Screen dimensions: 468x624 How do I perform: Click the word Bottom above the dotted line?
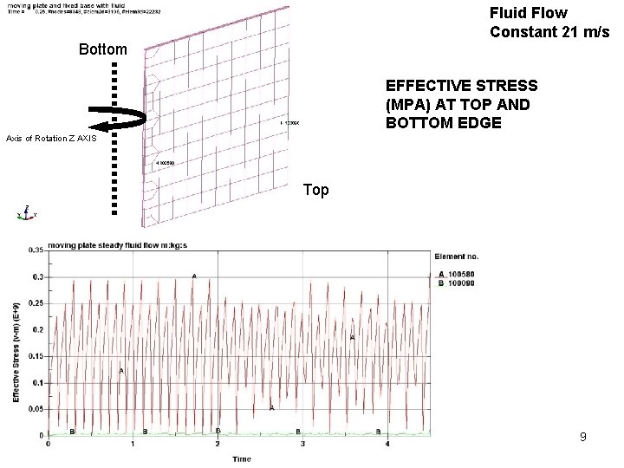102,49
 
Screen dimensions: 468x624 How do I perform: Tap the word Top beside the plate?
316,190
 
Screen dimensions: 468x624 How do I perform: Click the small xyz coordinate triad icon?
25,213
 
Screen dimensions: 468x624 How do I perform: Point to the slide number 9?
583,438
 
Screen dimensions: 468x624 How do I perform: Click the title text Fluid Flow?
528,13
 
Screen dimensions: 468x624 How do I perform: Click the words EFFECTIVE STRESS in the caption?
461,86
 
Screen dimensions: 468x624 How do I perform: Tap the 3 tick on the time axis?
302,445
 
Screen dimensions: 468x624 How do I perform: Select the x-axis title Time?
242,458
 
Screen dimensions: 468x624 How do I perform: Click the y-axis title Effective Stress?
16,351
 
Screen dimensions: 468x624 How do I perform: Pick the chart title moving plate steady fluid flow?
118,245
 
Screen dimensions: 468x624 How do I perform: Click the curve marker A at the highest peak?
194,276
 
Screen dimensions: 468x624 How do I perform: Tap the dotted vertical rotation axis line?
114,139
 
